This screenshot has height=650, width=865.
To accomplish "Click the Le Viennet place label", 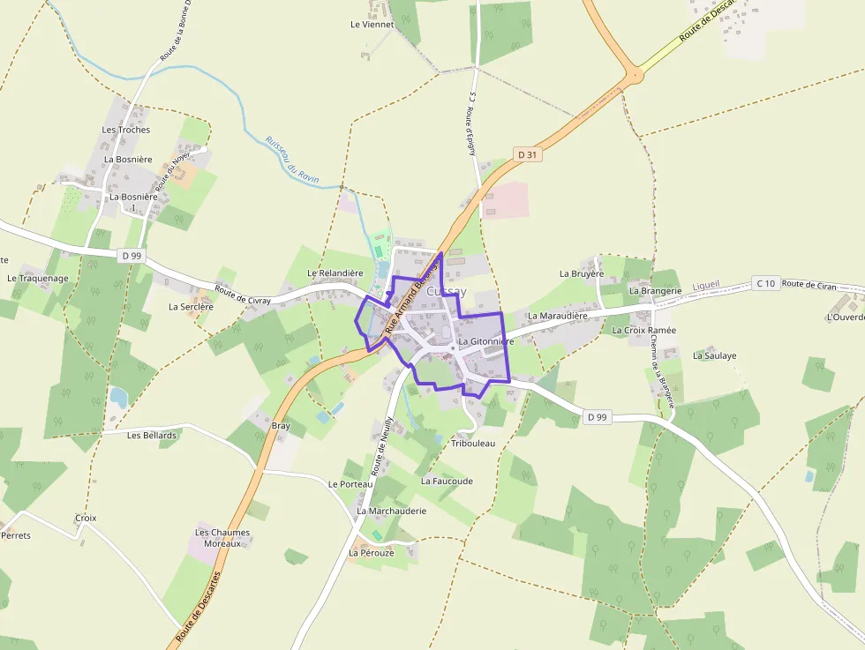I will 372,25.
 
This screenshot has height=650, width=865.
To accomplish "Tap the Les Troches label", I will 126,130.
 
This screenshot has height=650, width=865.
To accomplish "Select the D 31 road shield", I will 528,154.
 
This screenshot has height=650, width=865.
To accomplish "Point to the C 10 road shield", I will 765,283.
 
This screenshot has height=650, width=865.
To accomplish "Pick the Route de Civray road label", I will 243,295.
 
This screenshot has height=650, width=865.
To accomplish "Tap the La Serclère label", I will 192,307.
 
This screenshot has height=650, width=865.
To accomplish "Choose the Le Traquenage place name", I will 38,279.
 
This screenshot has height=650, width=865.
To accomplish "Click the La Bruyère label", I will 582,273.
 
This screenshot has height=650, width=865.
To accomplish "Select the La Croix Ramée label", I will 644,330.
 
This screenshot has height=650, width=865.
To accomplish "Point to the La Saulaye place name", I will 715,355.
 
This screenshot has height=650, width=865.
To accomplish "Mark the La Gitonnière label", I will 486,341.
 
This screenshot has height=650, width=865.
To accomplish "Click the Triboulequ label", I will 473,443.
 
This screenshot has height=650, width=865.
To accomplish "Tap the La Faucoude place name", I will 447,482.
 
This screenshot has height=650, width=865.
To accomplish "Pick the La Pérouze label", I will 371,553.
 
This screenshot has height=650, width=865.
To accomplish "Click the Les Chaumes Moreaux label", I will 222,538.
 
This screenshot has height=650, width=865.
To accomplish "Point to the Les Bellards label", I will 152,435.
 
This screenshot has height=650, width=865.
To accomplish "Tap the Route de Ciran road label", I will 809,284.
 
